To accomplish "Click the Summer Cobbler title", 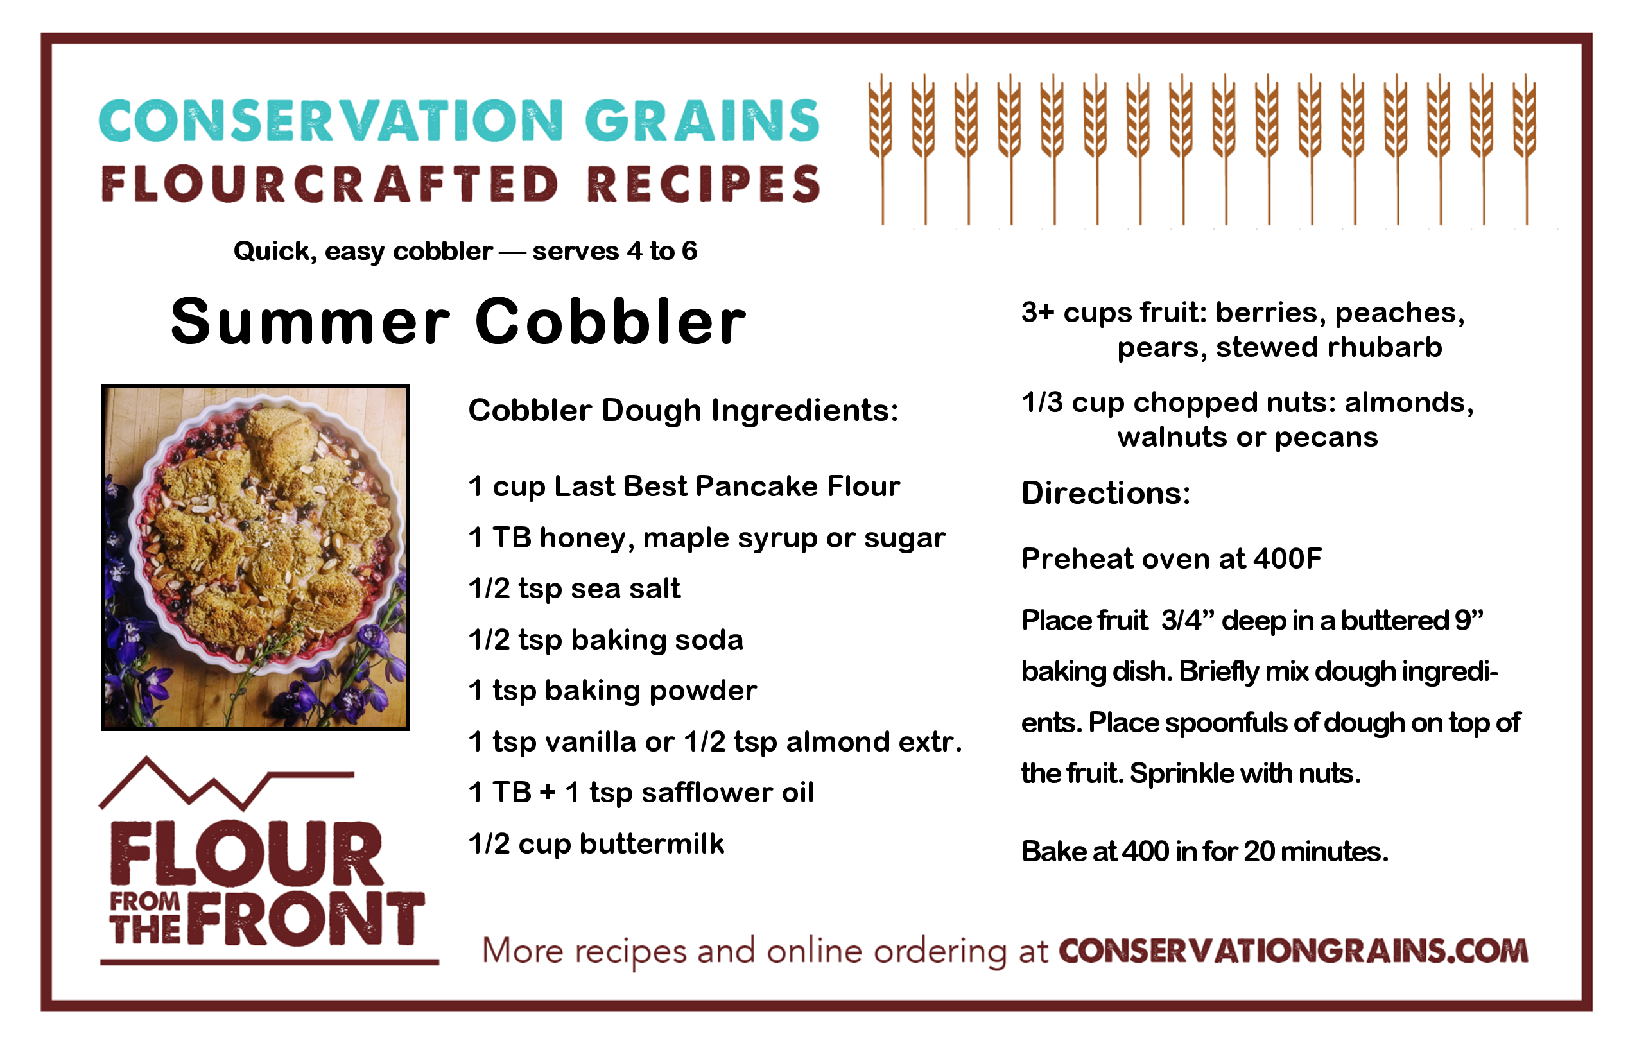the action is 458,321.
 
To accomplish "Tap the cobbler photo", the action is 256,557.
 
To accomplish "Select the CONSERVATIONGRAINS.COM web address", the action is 1293,951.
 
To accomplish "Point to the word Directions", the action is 1106,493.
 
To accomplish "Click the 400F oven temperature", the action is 1287,558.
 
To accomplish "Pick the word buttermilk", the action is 652,844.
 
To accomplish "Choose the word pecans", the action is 1326,438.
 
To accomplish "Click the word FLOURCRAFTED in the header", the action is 330,184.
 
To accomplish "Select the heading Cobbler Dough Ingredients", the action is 683,411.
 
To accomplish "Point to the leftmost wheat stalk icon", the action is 880,148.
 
